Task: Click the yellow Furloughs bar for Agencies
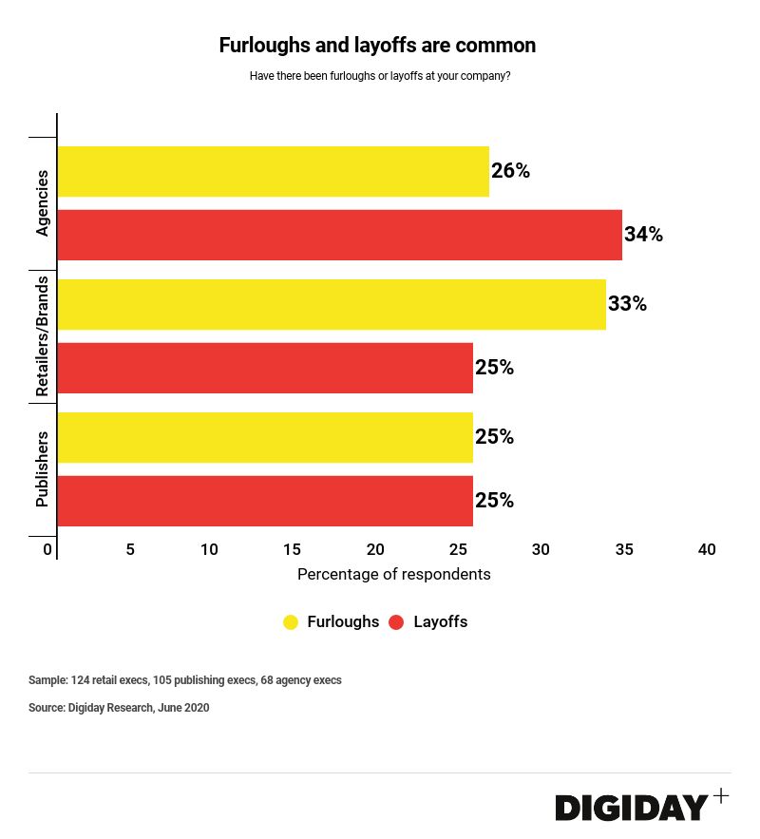point(274,172)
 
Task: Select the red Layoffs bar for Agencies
point(340,235)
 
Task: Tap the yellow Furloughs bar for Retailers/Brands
point(332,304)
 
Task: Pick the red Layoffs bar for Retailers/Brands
point(265,368)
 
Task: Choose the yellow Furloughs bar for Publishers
point(265,437)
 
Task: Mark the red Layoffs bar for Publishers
point(265,501)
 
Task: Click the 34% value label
point(643,235)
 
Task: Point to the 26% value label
point(510,172)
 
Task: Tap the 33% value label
point(627,304)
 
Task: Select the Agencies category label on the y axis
point(42,203)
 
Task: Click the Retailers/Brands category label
point(42,336)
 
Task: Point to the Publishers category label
point(42,469)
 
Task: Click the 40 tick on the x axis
point(707,550)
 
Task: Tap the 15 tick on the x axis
point(292,550)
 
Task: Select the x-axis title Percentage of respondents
point(394,574)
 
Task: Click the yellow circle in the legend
point(291,622)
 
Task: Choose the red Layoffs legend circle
point(397,622)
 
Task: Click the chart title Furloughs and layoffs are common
point(378,46)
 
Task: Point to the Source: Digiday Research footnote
point(119,708)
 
